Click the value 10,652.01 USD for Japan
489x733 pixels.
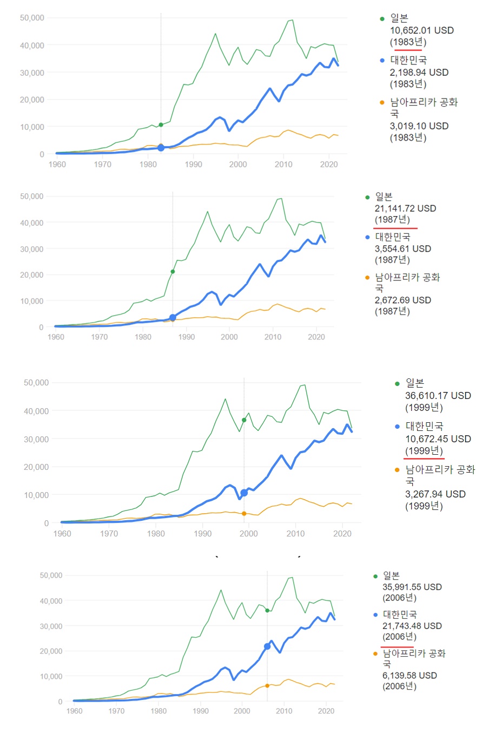click(x=421, y=30)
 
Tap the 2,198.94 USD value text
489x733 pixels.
click(x=419, y=73)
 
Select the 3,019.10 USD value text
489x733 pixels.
click(x=419, y=126)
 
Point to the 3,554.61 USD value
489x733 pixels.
click(x=402, y=249)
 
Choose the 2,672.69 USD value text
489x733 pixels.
click(x=402, y=300)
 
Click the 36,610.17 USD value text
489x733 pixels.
click(x=438, y=396)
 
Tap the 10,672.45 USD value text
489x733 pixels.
click(x=438, y=439)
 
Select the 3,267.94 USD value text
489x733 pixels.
click(x=435, y=494)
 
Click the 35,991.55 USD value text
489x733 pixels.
click(x=412, y=587)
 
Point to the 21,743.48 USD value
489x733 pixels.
click(x=412, y=626)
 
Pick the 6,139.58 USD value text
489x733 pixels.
click(x=409, y=676)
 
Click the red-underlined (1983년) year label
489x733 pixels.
click(x=408, y=42)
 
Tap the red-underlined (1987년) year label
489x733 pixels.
click(x=392, y=220)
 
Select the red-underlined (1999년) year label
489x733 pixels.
click(x=424, y=451)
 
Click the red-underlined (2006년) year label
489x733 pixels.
click(x=399, y=637)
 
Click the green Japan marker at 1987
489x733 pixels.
click(x=173, y=272)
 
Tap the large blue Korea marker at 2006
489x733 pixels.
click(x=267, y=646)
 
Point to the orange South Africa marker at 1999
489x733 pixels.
click(x=244, y=514)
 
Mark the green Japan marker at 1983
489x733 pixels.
click(x=161, y=125)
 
